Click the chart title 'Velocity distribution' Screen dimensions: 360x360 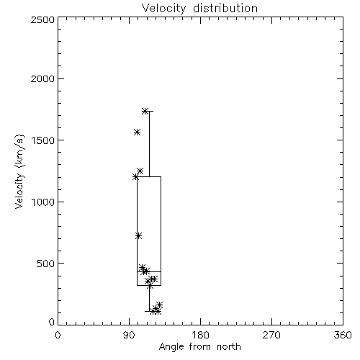coord(199,9)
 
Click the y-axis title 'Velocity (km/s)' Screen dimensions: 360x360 coord(19,171)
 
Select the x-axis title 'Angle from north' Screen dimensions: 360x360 coord(199,347)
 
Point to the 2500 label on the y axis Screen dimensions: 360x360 coord(42,19)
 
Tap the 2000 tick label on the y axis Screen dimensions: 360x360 coord(42,78)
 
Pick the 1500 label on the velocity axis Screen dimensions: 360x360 coord(43,140)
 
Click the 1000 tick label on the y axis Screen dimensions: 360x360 coord(43,202)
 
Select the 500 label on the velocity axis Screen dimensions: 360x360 coord(46,264)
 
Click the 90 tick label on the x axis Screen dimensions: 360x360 coord(129,335)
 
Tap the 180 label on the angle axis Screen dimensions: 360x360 coord(200,335)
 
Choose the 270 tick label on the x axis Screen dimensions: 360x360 coord(271,335)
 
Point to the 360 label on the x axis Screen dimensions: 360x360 coord(343,335)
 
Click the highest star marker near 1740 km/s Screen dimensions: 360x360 coord(145,111)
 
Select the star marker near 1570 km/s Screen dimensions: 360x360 coord(137,132)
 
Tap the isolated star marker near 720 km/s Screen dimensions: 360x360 coord(138,236)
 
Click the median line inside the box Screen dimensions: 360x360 coord(149,271)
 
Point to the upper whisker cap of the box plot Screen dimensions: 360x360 coord(149,112)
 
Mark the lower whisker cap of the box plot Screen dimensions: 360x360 coord(149,311)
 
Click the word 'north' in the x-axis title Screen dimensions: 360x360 coord(228,347)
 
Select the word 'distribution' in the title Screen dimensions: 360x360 coord(225,9)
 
